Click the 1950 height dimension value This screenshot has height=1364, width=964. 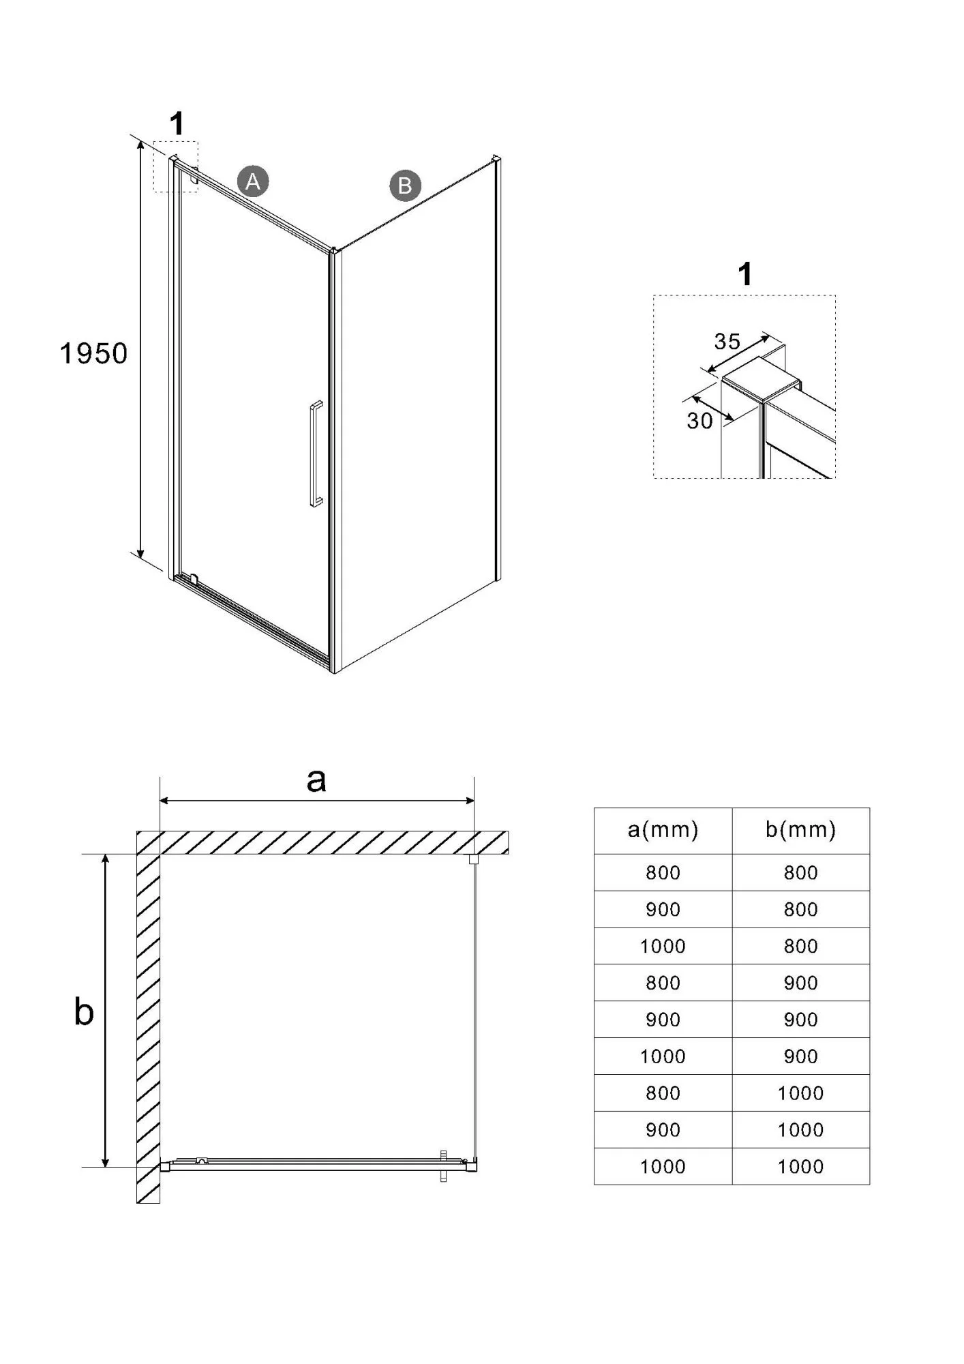pyautogui.click(x=93, y=353)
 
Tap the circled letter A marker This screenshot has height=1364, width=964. pyautogui.click(x=253, y=181)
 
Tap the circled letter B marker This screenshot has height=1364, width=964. pyautogui.click(x=405, y=186)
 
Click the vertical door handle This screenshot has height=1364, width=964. pyautogui.click(x=316, y=454)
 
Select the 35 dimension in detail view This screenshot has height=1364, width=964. pyautogui.click(x=727, y=342)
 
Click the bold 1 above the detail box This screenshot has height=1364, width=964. pyautogui.click(x=745, y=274)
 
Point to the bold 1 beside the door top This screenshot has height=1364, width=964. pyautogui.click(x=177, y=124)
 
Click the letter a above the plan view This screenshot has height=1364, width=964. pyautogui.click(x=316, y=780)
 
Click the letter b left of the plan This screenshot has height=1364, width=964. pyautogui.click(x=84, y=1012)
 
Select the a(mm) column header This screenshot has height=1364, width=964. pyautogui.click(x=663, y=830)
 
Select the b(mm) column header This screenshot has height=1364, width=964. pyautogui.click(x=800, y=830)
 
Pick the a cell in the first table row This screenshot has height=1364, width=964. pyautogui.click(x=663, y=872)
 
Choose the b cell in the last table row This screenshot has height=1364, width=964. pyautogui.click(x=800, y=1167)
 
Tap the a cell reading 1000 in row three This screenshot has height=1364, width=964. pyautogui.click(x=663, y=946)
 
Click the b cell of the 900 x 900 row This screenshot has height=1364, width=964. pyautogui.click(x=800, y=1020)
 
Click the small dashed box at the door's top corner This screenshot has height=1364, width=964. pyautogui.click(x=175, y=166)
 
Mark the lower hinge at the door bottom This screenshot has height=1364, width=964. pyautogui.click(x=194, y=580)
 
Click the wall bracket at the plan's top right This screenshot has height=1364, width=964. pyautogui.click(x=472, y=860)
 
